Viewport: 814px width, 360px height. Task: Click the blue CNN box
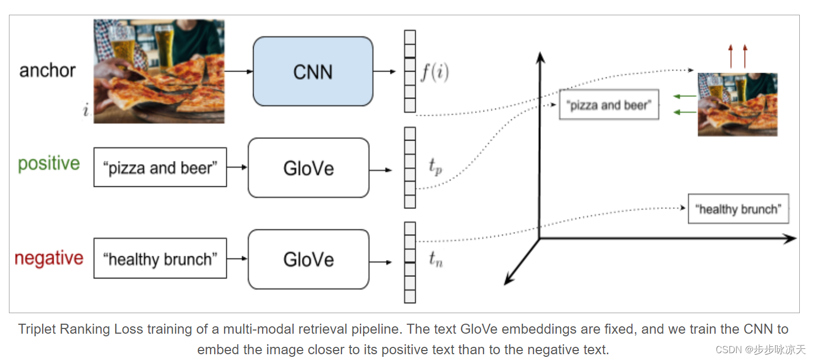click(313, 72)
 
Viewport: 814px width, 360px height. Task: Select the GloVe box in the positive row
click(308, 168)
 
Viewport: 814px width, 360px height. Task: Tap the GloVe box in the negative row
click(308, 259)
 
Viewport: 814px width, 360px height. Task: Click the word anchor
click(47, 71)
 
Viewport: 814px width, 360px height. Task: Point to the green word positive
click(49, 163)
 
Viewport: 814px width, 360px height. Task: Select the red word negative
click(49, 258)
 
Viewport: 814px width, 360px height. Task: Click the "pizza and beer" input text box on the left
click(160, 167)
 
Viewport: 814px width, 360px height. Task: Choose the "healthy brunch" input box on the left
click(160, 258)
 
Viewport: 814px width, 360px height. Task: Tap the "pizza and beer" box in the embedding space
click(608, 105)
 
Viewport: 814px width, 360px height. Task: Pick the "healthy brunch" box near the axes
click(738, 209)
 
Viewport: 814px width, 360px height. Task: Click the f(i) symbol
click(434, 73)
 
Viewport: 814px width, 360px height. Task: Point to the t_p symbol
click(435, 166)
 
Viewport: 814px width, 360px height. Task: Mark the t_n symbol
click(435, 259)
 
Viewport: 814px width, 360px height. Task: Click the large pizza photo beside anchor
click(159, 72)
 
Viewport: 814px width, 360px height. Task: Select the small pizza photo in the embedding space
click(737, 104)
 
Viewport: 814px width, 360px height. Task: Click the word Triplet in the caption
click(38, 329)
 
